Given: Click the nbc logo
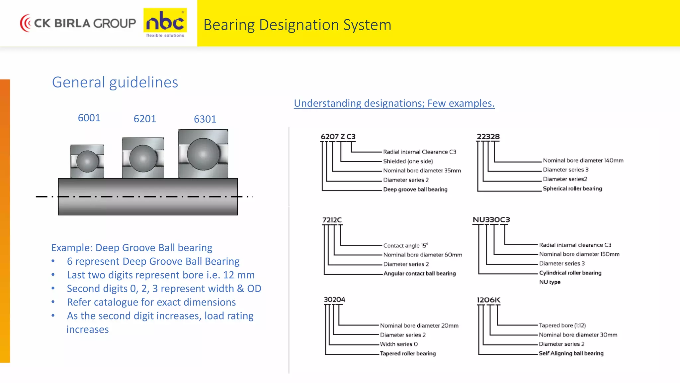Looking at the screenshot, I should [x=165, y=23].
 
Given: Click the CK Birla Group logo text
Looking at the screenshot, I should [x=85, y=23].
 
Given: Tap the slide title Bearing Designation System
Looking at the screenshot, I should [x=297, y=25].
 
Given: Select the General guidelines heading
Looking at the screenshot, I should [x=115, y=82].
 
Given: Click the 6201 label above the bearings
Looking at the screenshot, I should [x=145, y=119].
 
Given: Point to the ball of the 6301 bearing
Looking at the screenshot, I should [x=203, y=154].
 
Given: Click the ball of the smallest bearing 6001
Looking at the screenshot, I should [x=87, y=161].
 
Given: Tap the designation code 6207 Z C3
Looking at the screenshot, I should [x=338, y=137].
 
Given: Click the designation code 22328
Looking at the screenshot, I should [x=488, y=137].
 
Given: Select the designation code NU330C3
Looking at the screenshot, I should [x=491, y=220].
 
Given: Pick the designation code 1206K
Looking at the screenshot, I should [x=488, y=300].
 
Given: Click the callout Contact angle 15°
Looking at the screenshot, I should [x=405, y=245].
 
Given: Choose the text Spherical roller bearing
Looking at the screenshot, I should [x=572, y=189].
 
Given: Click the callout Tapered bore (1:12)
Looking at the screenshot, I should [x=562, y=325].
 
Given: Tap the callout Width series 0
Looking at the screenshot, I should [x=399, y=344].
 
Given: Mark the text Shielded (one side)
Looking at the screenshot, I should [x=408, y=161].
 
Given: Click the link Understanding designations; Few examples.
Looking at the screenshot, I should [x=394, y=103].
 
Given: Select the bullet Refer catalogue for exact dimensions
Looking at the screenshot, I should [x=151, y=302].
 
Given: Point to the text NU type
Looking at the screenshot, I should [x=550, y=282].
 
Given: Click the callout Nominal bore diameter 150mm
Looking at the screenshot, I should [x=579, y=254].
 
